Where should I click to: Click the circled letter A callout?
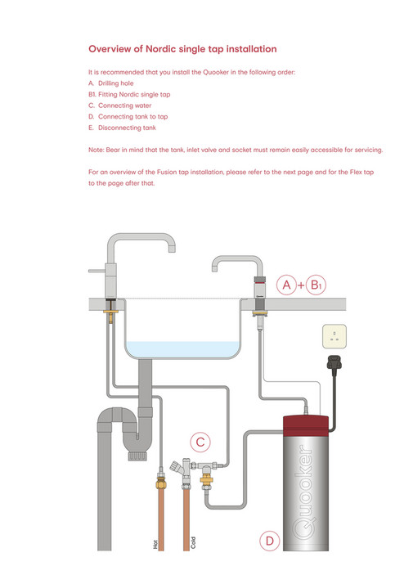point(287,285)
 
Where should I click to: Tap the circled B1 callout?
point(316,285)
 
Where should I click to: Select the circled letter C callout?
point(200,442)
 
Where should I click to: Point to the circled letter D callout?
point(268,541)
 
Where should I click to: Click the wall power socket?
point(334,335)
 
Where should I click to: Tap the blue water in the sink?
point(183,348)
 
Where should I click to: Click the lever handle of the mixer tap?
point(97,270)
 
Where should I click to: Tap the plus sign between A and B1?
point(302,285)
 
